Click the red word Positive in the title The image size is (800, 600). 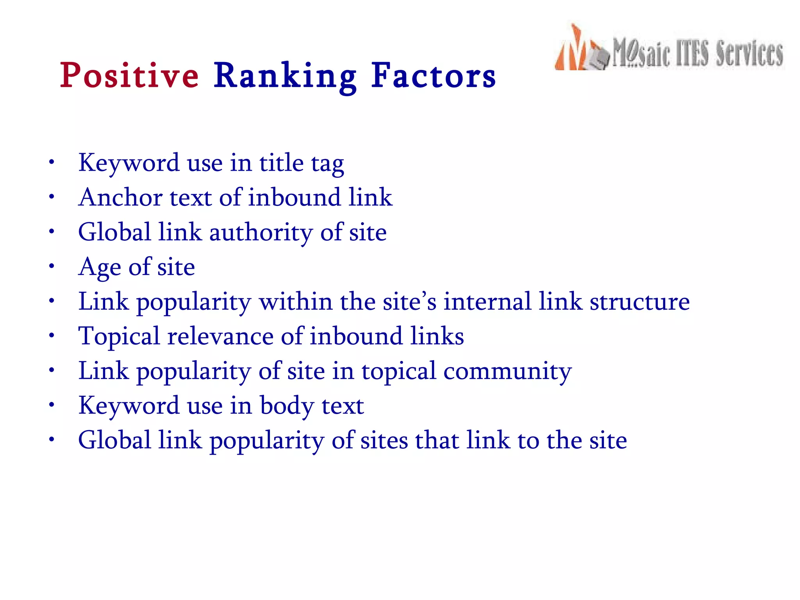129,75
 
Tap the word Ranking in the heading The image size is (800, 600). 285,76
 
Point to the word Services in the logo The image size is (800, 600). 749,54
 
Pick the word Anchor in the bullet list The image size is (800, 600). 120,197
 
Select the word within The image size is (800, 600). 296,302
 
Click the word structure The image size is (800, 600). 639,302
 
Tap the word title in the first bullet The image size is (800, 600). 281,163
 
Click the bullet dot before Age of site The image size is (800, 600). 52,266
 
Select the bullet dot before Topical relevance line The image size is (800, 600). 52,336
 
